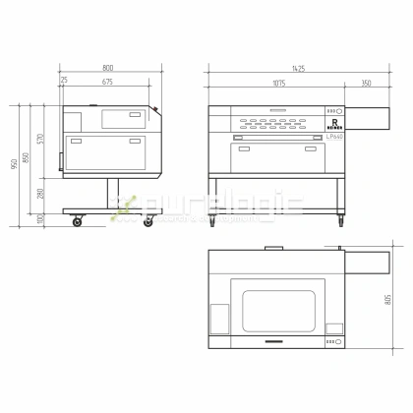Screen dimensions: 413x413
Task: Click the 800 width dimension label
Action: point(107,68)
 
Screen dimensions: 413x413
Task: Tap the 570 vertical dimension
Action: point(41,139)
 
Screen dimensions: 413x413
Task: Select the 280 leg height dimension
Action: point(41,194)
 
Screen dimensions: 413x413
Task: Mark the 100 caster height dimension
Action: point(41,218)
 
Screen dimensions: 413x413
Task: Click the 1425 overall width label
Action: point(296,68)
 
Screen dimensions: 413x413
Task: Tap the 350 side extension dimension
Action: point(366,84)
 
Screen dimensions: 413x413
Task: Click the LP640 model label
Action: point(334,138)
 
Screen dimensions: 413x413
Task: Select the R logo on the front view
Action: point(334,125)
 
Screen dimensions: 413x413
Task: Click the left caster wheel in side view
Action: point(78,223)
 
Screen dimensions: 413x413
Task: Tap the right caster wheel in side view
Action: point(148,223)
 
